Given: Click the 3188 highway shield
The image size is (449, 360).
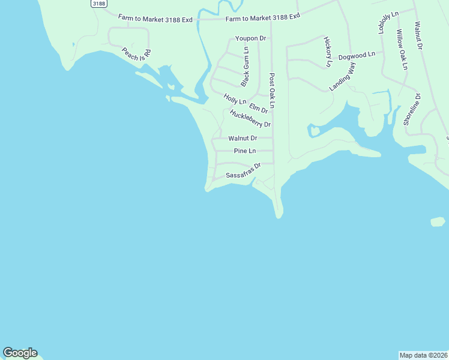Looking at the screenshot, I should pos(99,4).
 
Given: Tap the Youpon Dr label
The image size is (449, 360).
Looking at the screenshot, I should pos(250,38).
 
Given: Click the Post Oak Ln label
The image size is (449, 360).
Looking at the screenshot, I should pos(272,91).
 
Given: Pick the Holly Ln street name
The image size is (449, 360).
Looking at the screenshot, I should pos(235,98).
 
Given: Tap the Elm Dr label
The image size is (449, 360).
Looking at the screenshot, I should pos(258,108).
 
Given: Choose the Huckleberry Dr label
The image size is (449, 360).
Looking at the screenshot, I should pos(250,118).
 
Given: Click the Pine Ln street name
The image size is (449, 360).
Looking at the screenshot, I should pos(245,151).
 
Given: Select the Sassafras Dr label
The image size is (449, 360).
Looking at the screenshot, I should pos(243,171).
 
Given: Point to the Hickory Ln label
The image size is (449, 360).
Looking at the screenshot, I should pos(328,52).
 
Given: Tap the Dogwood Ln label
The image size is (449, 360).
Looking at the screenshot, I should pos(356,55).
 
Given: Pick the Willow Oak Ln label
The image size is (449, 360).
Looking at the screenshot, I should pos(401,50).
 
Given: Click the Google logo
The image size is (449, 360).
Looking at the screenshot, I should pos(20,353).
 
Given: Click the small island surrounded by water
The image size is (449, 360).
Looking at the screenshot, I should pos(438,222).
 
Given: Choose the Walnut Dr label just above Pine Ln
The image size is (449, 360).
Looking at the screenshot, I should pos(243,138).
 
